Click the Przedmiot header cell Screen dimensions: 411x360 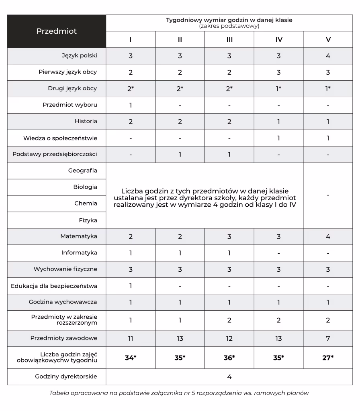pos(57,31)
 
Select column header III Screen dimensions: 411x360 pos(229,40)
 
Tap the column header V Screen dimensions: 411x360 pos(328,40)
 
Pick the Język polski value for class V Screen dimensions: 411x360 pos(328,56)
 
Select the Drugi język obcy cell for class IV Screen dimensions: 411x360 pos(278,89)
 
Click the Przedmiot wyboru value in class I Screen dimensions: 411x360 pos(131,105)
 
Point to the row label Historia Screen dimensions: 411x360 pos(86,121)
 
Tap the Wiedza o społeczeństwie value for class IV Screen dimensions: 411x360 pos(278,138)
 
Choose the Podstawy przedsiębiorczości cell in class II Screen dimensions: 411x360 pos(180,155)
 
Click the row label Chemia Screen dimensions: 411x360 pos(86,203)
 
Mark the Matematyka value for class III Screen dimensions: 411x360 pos(229,236)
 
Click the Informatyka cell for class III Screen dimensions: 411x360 pos(229,253)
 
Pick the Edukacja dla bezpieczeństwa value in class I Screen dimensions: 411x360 pos(131,286)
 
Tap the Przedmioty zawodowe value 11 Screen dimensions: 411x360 pos(131,338)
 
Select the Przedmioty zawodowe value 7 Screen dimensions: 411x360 pos(328,338)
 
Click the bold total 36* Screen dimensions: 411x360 pos(229,358)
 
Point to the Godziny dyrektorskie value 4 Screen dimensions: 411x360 pos(229,377)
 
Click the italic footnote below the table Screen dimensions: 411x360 pos(179,393)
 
